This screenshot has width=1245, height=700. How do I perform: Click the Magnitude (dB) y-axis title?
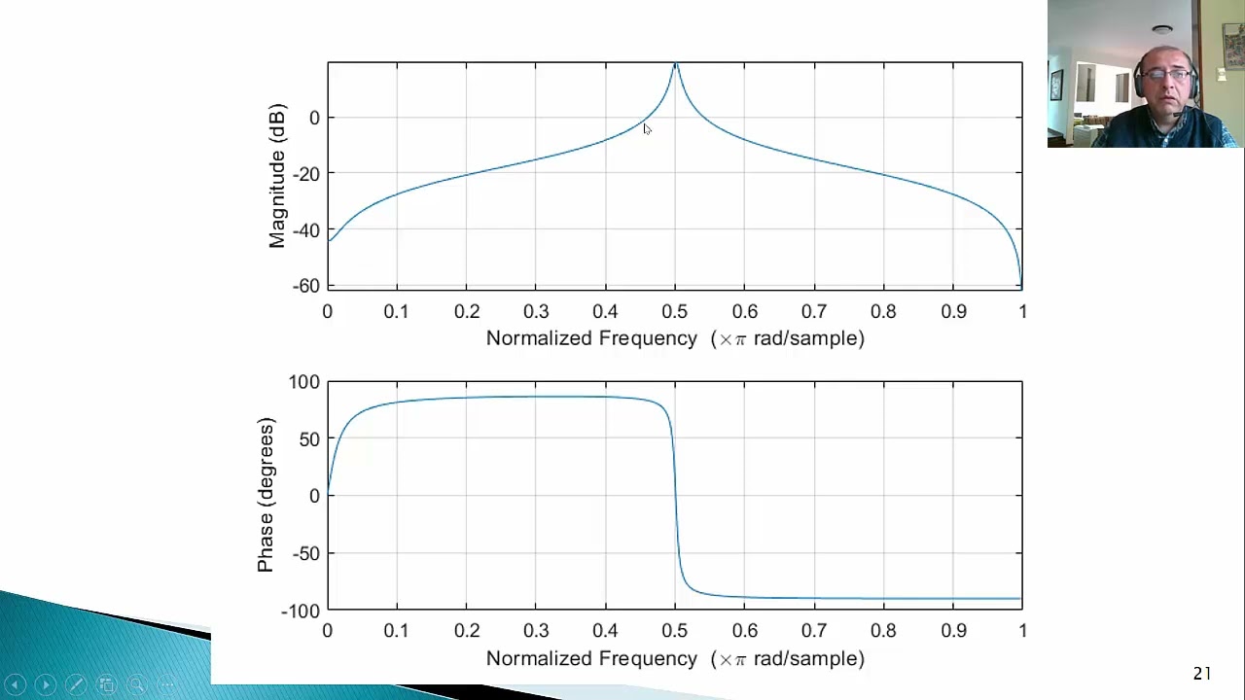coord(277,175)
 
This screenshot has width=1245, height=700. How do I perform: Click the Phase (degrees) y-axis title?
coord(266,495)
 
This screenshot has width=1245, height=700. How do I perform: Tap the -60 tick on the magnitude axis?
coord(305,286)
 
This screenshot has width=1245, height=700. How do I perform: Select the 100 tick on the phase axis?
coord(303,382)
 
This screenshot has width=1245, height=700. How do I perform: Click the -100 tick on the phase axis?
coord(301,611)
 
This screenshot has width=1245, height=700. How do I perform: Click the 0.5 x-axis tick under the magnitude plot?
coord(675,311)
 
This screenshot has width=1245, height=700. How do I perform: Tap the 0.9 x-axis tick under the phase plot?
coord(953,631)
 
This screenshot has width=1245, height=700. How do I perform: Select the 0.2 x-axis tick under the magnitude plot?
coord(467,311)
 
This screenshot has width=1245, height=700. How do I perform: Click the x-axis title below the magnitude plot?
coord(675,338)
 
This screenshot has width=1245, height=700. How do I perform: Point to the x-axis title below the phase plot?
coord(675,658)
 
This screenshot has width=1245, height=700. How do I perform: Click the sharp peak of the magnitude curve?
coord(675,65)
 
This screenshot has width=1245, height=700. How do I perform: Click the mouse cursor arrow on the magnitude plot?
coord(647,128)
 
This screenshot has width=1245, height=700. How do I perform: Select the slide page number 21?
coord(1202,673)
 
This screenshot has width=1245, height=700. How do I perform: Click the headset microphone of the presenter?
coord(1179,114)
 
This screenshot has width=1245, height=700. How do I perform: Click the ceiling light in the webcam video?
coord(1162,30)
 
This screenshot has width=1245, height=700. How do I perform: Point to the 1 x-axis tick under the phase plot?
coord(1022,631)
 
